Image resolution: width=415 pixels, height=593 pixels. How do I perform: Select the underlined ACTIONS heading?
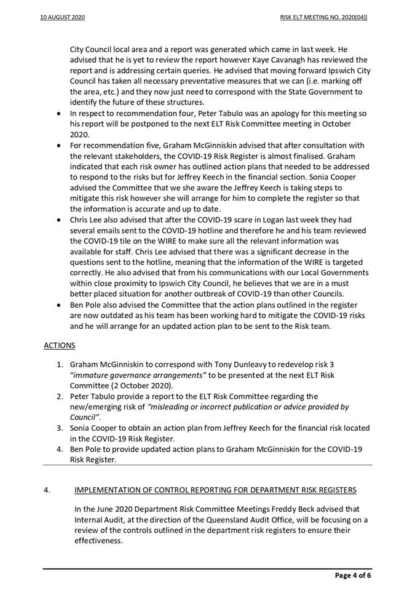(x=58, y=346)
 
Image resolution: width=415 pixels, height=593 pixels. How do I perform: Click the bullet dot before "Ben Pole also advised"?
(x=58, y=305)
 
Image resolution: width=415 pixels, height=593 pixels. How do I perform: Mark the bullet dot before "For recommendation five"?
(x=58, y=146)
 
